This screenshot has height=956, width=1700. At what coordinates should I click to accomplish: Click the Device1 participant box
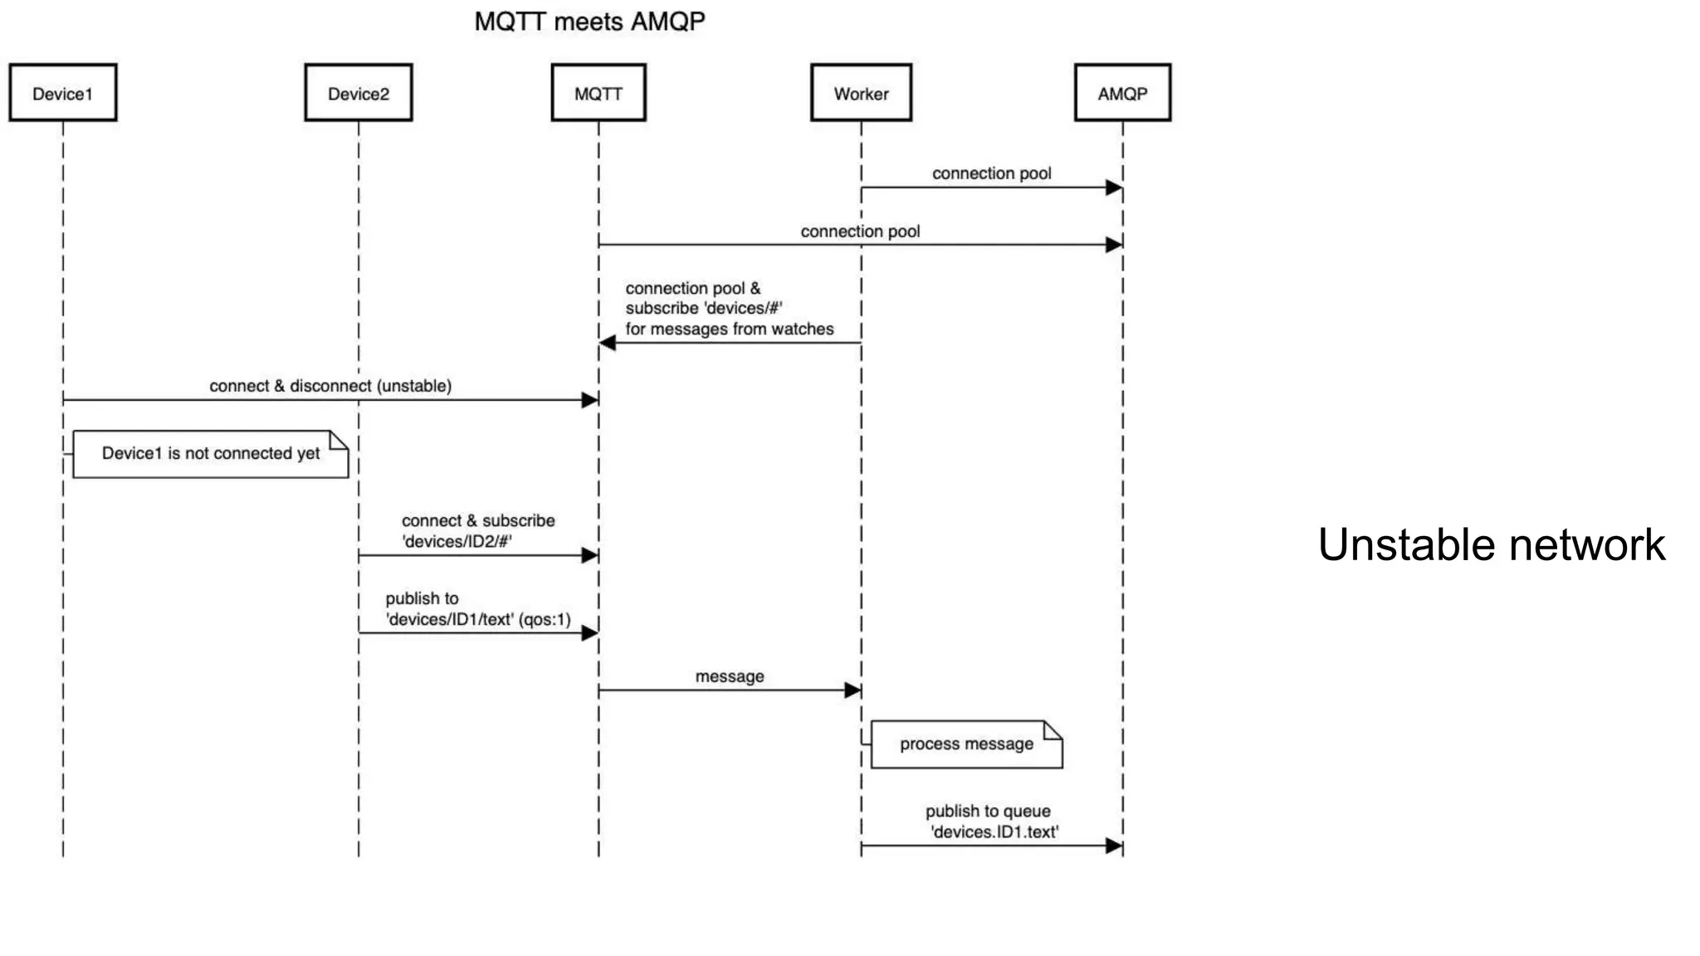point(63,93)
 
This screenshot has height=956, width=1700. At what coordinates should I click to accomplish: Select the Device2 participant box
point(358,93)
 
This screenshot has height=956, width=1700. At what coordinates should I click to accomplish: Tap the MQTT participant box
point(598,93)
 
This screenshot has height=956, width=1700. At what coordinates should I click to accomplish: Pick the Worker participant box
point(861,93)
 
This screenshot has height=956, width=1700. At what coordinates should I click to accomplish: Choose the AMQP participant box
point(1122,93)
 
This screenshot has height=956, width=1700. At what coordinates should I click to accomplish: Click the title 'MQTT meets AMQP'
point(589,22)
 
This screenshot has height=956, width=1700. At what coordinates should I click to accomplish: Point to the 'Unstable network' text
point(1491,545)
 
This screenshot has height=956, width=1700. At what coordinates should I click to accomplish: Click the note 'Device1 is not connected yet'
point(211,454)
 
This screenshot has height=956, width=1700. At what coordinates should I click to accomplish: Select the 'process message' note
point(966,744)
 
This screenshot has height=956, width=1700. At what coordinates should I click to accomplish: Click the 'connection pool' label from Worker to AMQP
point(991,173)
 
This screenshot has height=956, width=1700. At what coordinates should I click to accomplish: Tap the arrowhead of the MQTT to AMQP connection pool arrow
point(1114,245)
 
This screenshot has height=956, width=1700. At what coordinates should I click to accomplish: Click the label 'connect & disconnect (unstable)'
point(330,386)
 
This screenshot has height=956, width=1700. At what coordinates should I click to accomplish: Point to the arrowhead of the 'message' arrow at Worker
point(852,690)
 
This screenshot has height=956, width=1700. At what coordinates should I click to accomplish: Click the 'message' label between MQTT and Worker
point(730,676)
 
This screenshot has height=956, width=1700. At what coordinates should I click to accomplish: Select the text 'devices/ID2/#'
point(457,542)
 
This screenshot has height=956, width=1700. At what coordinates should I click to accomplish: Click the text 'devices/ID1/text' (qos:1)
point(478,620)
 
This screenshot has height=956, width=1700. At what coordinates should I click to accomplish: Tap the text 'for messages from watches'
point(730,329)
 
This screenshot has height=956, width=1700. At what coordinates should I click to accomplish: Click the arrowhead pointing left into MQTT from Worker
point(608,343)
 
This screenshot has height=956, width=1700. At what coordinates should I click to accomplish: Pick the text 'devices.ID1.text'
point(994,832)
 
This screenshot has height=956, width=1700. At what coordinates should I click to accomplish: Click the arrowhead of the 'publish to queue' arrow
point(1114,846)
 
